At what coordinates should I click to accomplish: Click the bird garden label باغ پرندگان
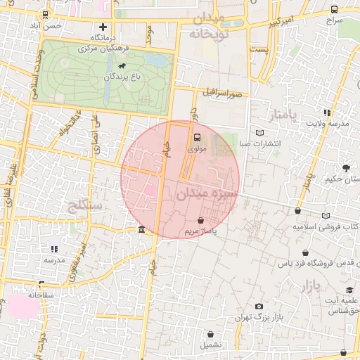[x=116, y=76]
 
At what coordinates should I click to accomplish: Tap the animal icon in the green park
[x=122, y=66]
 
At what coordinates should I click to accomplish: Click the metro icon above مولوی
[x=196, y=138]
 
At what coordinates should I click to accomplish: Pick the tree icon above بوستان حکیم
[x=346, y=167]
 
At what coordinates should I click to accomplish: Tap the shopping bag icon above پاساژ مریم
[x=202, y=220]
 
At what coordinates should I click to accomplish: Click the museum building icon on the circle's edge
[x=142, y=230]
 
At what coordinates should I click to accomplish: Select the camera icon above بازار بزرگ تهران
[x=259, y=306]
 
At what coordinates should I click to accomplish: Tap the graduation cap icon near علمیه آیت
[x=349, y=290]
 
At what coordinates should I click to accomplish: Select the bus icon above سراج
[x=334, y=10]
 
